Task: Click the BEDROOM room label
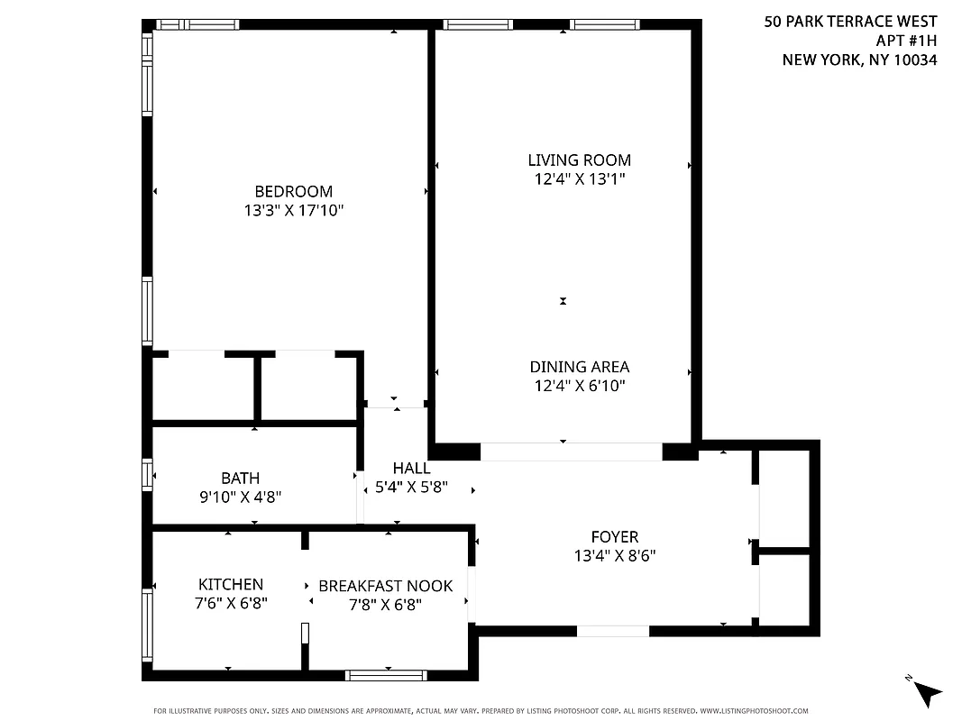(x=293, y=191)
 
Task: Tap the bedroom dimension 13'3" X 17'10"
(x=293, y=211)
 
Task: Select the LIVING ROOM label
(x=579, y=160)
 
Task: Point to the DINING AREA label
(x=579, y=367)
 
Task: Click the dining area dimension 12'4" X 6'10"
(x=579, y=386)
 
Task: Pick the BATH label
(x=240, y=478)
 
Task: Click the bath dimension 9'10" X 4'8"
(x=240, y=497)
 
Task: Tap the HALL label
(x=411, y=469)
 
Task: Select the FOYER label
(x=614, y=537)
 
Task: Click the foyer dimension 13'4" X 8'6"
(x=614, y=556)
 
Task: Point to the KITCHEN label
(x=231, y=585)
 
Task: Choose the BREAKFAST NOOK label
(x=385, y=586)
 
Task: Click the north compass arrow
(x=924, y=691)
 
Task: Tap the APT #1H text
(x=906, y=41)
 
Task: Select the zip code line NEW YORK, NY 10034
(x=859, y=60)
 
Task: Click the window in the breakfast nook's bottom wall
(x=387, y=674)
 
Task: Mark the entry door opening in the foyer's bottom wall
(x=612, y=631)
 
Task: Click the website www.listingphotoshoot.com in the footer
(x=754, y=710)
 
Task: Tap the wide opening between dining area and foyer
(x=572, y=452)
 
